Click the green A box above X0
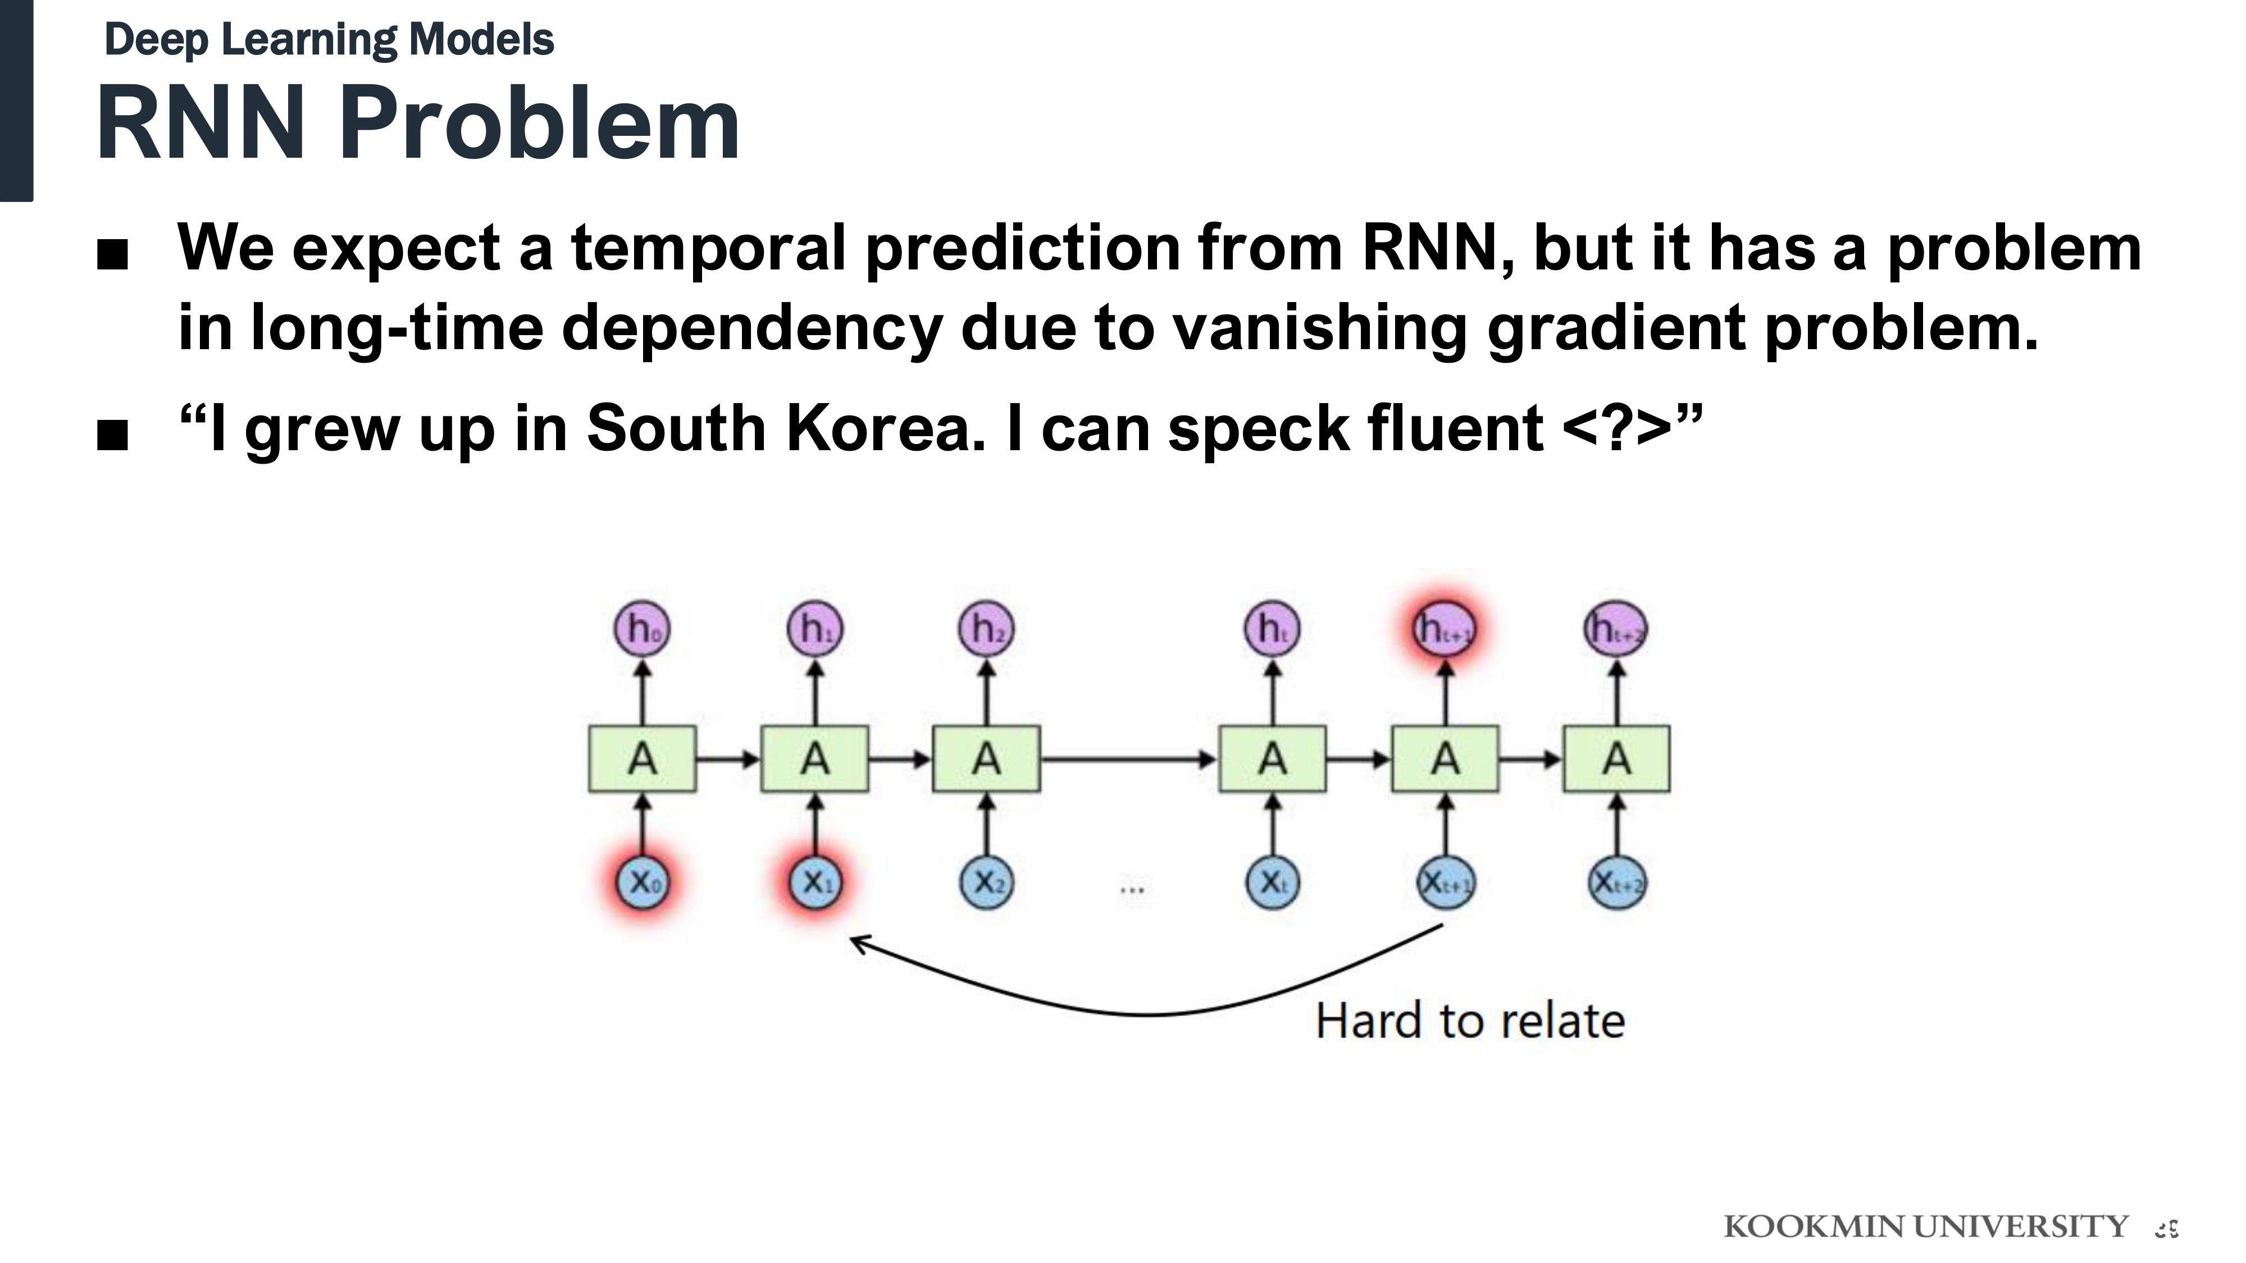pos(643,758)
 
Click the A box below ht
pos(1272,758)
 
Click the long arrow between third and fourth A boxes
pos(1128,759)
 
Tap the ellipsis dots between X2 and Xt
pos(1132,890)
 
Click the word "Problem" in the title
pos(540,123)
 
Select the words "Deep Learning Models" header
pos(329,40)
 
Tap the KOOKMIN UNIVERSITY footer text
pos(1925,1227)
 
